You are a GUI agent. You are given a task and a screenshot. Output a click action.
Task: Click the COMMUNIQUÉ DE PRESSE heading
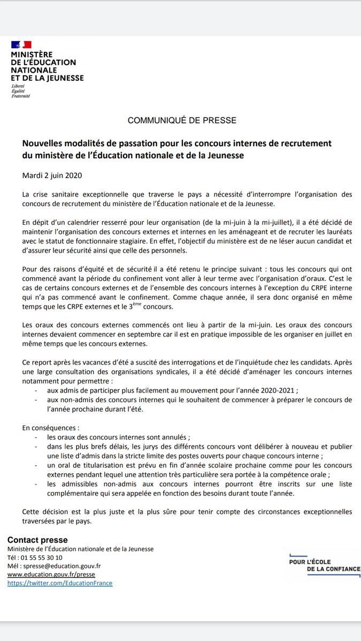click(x=182, y=121)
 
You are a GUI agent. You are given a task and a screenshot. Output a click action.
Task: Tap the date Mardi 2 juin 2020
click(x=52, y=175)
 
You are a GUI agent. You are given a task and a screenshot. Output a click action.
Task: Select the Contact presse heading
click(x=37, y=540)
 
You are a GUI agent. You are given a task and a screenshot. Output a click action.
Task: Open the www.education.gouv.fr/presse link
click(x=51, y=575)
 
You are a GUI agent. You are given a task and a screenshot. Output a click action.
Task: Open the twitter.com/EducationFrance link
click(x=59, y=583)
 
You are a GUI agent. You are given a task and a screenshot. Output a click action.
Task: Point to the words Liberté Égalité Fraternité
click(x=21, y=91)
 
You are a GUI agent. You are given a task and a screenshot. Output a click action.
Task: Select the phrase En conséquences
click(x=50, y=428)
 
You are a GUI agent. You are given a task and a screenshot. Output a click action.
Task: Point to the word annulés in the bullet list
click(x=160, y=437)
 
